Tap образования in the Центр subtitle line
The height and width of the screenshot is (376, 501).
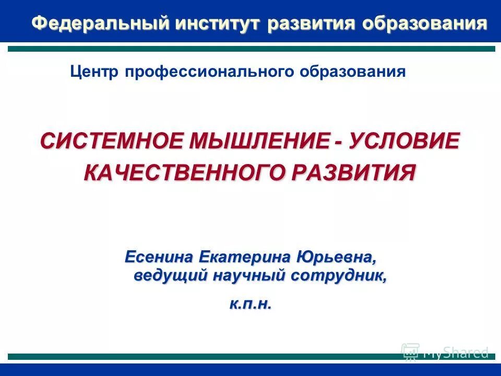(352, 72)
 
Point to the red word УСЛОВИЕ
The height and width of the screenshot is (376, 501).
(405, 142)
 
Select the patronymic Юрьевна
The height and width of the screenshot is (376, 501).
(336, 257)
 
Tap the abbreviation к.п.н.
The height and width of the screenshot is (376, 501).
(251, 304)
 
